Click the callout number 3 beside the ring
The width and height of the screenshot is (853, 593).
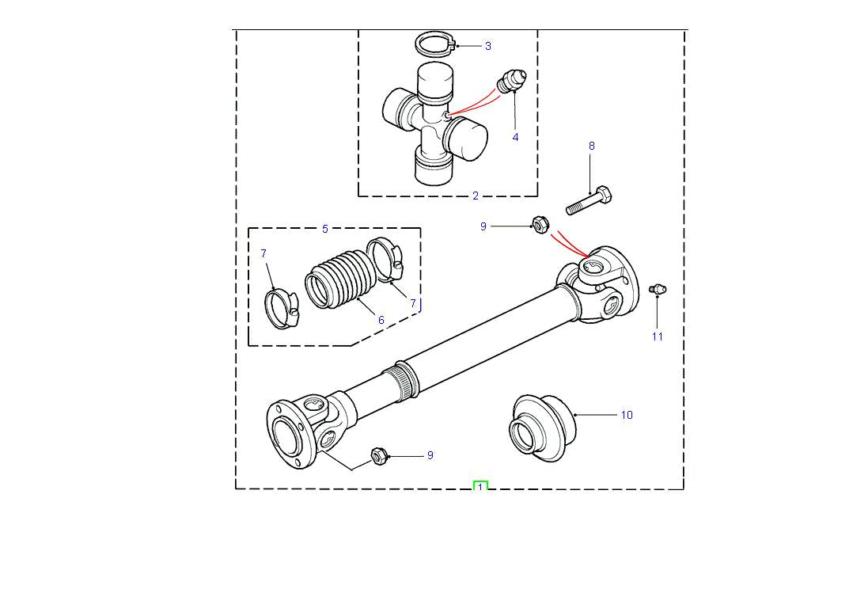tap(487, 46)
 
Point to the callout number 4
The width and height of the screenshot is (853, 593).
tap(515, 137)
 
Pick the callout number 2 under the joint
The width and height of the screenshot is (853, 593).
tap(476, 196)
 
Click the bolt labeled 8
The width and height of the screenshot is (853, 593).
tap(590, 199)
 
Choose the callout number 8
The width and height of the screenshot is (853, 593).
tap(591, 146)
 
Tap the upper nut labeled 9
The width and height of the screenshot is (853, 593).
tap(539, 226)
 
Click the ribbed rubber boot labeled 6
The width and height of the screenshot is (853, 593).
tap(336, 280)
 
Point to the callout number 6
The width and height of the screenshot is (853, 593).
tap(381, 320)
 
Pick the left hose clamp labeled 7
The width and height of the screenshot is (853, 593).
tap(279, 309)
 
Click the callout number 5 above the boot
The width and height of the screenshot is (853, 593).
tap(325, 230)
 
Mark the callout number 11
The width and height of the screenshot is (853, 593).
tap(658, 336)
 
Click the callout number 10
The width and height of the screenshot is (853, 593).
tap(627, 415)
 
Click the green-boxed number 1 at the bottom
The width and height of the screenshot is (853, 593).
tap(480, 487)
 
